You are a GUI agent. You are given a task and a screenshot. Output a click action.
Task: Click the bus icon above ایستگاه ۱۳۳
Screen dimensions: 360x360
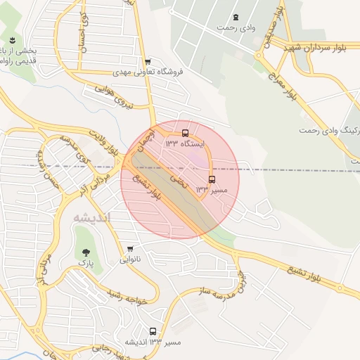tap(186, 133)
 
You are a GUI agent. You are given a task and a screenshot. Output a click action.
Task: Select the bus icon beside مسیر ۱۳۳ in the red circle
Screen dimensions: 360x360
tap(212, 179)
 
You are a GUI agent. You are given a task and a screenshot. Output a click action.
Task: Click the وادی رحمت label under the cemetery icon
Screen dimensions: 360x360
tap(235, 27)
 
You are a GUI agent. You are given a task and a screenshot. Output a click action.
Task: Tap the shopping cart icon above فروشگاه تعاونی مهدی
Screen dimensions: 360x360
tap(146, 61)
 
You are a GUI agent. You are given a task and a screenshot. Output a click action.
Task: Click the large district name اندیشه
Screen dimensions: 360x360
tap(92, 217)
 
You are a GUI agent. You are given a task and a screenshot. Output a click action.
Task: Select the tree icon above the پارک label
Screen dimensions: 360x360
tap(85, 252)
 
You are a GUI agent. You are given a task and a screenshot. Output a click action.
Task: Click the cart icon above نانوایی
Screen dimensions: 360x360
tap(130, 249)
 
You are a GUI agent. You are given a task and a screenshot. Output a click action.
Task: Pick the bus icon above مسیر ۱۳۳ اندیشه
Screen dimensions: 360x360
tap(153, 331)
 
